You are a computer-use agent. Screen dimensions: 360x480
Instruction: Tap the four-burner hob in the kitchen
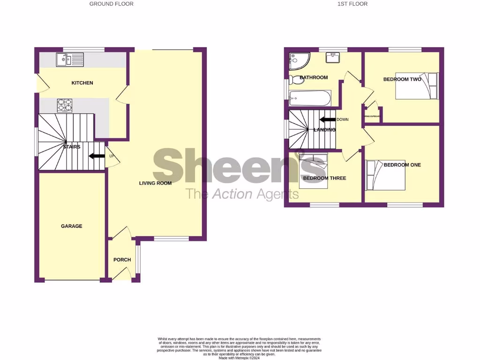coord(65,105)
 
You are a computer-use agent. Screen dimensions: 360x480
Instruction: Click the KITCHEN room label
coord(82,83)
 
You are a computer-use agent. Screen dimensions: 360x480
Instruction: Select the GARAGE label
coord(71,226)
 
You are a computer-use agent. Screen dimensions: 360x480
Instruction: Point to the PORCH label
coord(122,260)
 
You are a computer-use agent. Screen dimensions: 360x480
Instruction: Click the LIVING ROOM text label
coord(155,183)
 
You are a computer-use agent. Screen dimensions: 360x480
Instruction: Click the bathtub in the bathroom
coord(310,98)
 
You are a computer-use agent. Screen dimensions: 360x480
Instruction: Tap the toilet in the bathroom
coord(296,79)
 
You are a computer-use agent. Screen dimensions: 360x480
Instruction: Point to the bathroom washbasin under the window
coord(334,58)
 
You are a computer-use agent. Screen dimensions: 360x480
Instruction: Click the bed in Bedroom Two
coord(416,86)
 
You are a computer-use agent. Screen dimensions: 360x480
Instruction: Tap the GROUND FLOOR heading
coord(112,4)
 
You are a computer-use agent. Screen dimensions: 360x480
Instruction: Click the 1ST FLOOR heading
coord(352,4)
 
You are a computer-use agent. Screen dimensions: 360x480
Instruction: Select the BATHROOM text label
coord(314,77)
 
